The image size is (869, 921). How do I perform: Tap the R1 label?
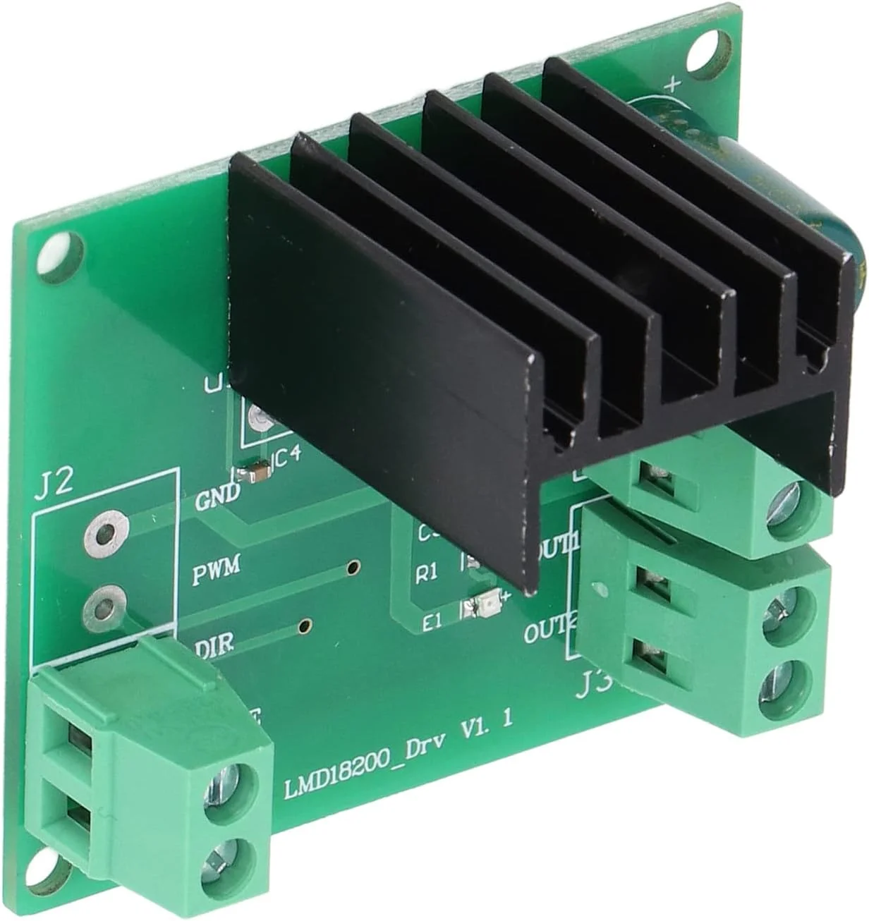[x=427, y=574]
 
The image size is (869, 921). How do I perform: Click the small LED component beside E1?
[x=485, y=604]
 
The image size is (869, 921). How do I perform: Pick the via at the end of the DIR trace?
[x=305, y=626]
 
